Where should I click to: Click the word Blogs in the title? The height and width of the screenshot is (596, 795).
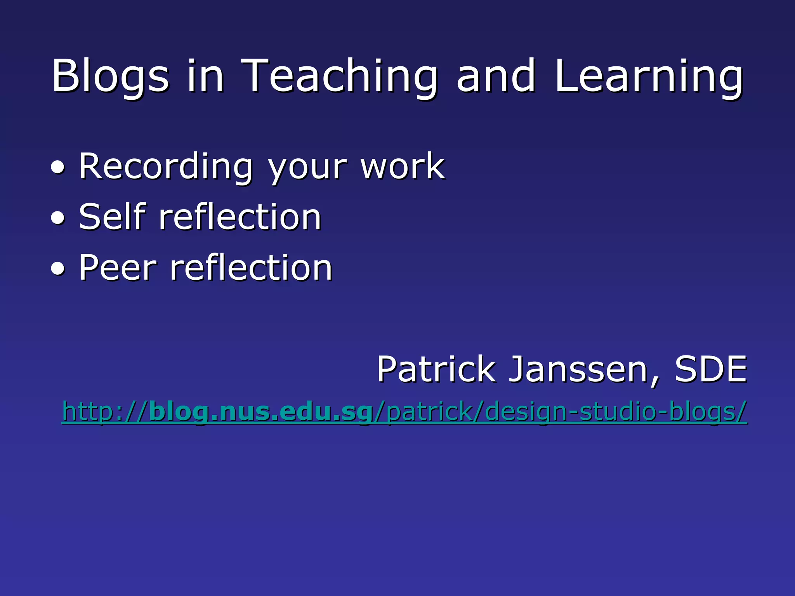tap(110, 76)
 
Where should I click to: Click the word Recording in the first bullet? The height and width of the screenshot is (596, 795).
tap(166, 167)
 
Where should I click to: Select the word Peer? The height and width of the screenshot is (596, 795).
tap(118, 267)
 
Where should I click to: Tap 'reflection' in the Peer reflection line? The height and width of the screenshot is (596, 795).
tap(251, 267)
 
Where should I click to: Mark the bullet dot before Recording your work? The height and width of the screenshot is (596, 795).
tap(58, 168)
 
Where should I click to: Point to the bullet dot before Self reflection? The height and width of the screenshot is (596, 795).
tap(58, 218)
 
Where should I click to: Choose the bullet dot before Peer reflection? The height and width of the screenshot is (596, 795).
tap(58, 269)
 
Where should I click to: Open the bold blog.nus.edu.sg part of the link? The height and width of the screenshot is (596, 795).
tap(260, 411)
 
